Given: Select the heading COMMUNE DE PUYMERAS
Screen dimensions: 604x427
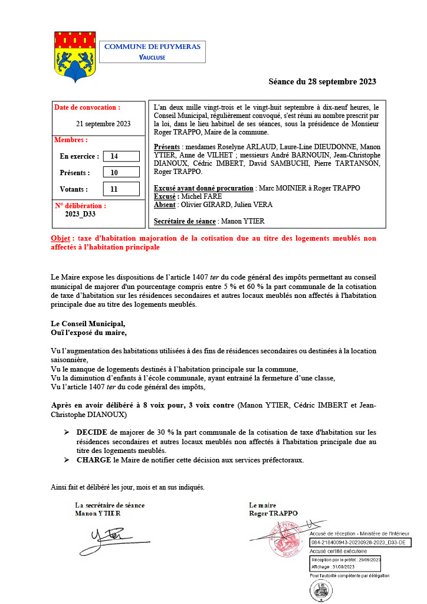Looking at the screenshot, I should point(152,47).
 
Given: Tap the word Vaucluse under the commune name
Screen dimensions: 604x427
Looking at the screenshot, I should point(152,57).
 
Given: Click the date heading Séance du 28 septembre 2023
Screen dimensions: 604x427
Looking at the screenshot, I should point(322,82).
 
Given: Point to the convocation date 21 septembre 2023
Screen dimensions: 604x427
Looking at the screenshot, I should point(103,124).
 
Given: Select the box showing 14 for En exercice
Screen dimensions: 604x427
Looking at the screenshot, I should point(120,156).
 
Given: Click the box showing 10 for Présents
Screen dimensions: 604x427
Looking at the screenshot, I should point(120,173).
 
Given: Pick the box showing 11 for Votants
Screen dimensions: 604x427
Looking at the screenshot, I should point(120,189).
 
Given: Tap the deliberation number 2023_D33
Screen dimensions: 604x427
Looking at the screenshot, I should point(80,215).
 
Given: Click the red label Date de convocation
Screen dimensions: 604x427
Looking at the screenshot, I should point(87,108).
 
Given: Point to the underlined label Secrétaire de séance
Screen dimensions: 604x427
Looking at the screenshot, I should point(184,221).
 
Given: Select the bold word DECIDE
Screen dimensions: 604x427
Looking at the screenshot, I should point(91,432).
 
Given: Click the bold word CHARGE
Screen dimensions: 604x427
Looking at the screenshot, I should point(94,460).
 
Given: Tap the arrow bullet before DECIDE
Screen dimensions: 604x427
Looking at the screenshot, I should point(67,432).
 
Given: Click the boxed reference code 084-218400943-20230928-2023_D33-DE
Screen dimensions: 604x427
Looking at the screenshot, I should point(359,541).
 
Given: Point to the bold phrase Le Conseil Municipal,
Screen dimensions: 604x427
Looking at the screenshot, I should point(88,324).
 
